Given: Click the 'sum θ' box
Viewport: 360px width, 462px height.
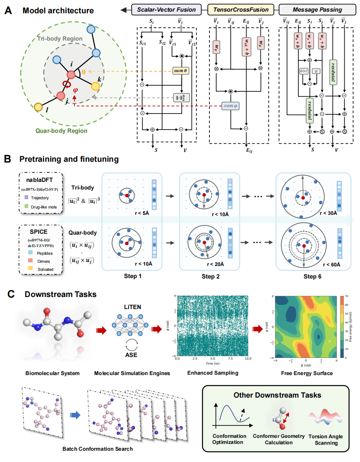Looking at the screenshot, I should pyautogui.click(x=181, y=71).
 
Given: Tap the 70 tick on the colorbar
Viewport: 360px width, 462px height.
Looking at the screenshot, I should pyautogui.click(x=346, y=296).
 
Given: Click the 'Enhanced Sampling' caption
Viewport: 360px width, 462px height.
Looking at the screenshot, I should pyautogui.click(x=213, y=373).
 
